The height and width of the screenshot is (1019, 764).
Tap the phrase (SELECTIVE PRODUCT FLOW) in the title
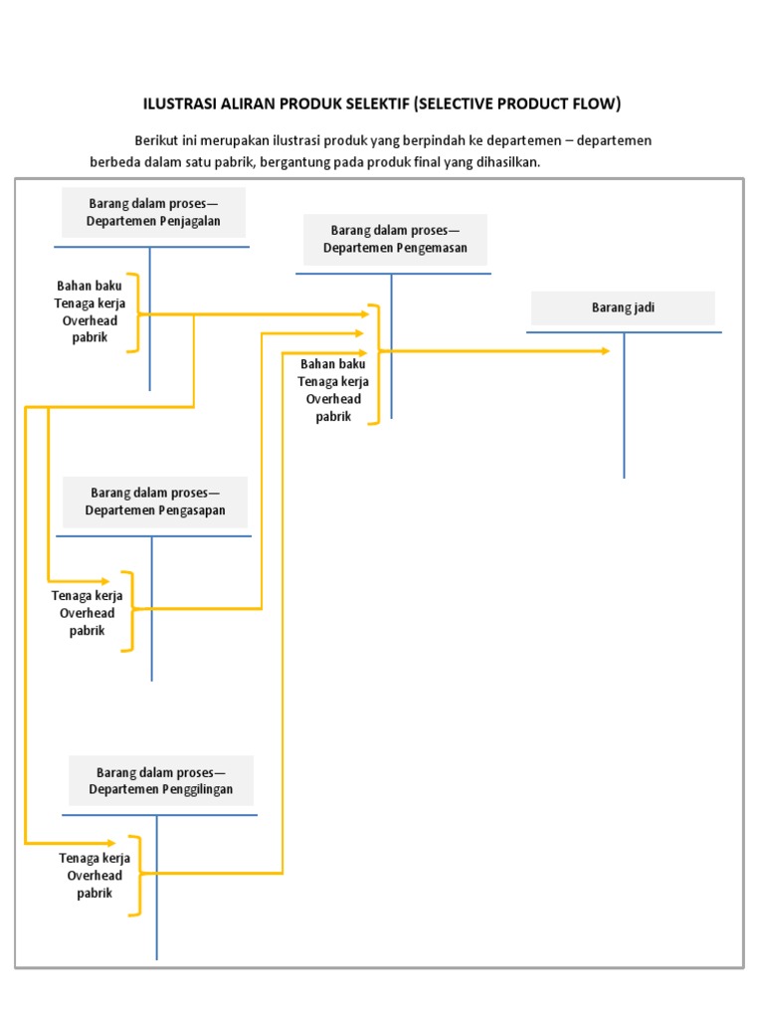coord(517,103)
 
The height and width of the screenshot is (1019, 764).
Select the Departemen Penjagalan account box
coord(153,212)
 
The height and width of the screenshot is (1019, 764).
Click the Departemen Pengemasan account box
coord(395,239)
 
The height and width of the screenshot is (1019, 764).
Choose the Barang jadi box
coord(623,307)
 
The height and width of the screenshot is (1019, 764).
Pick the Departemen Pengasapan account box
coord(155,502)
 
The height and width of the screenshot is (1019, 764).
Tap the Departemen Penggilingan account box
coord(160,780)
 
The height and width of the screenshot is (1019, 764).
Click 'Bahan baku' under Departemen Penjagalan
coord(90,286)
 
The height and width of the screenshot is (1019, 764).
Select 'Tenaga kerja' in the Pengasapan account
coord(87,596)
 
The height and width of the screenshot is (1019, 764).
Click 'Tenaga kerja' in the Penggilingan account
coord(95,858)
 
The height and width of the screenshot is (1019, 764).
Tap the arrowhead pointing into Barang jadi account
coord(604,351)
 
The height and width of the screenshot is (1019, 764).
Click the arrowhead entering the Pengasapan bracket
coord(107,580)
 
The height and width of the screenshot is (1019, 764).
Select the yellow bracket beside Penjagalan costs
coord(133,312)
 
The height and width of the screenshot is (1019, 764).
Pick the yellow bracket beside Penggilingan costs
coord(137,875)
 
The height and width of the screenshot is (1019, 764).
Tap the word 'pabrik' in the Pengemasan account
coord(333,417)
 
